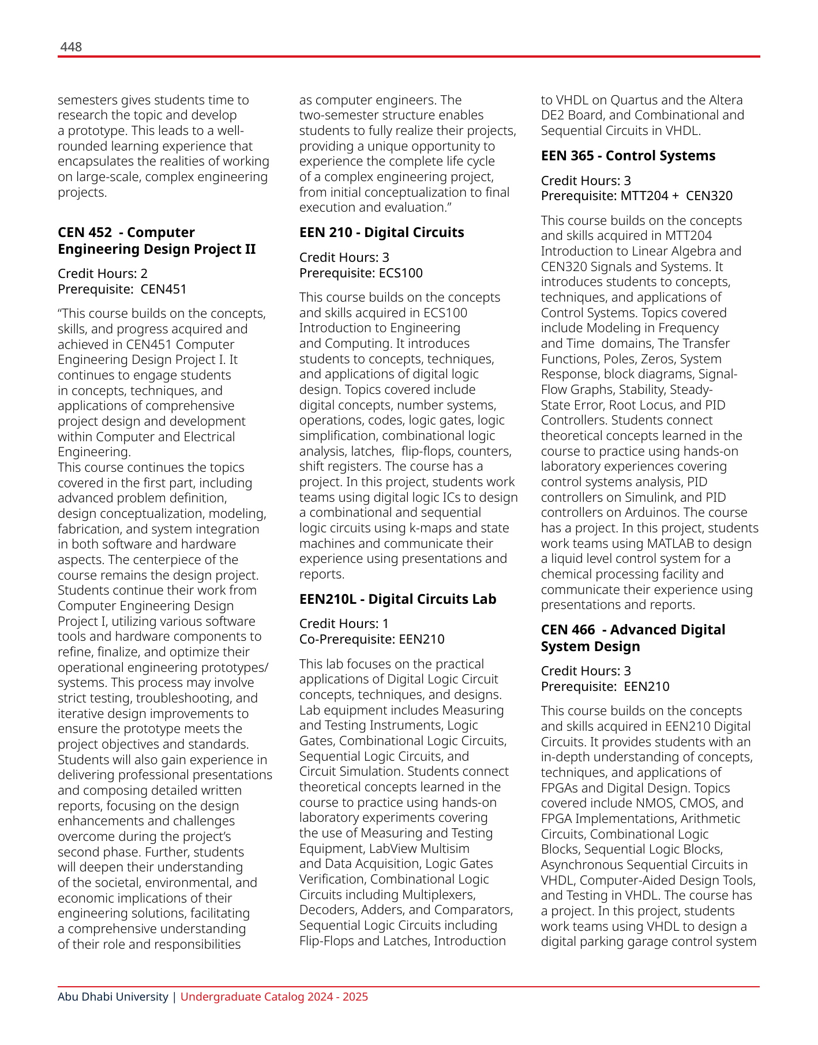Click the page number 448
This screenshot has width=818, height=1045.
(71, 47)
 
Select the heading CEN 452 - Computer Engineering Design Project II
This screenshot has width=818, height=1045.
(156, 240)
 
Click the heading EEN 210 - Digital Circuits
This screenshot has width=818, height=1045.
(381, 232)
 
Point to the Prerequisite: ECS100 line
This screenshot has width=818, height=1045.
(361, 273)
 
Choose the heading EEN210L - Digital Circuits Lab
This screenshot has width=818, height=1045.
(397, 599)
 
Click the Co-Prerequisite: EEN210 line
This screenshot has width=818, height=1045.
(372, 639)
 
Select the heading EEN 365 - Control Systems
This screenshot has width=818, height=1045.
(628, 156)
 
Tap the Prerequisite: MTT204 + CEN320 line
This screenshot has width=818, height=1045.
(636, 196)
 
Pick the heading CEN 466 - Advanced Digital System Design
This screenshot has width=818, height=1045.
(633, 638)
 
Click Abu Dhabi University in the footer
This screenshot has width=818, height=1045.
(113, 997)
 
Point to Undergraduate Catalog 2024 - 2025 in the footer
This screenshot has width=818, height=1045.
(274, 997)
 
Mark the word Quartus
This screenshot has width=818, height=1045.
(634, 100)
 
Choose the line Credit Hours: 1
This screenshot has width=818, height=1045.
(344, 623)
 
